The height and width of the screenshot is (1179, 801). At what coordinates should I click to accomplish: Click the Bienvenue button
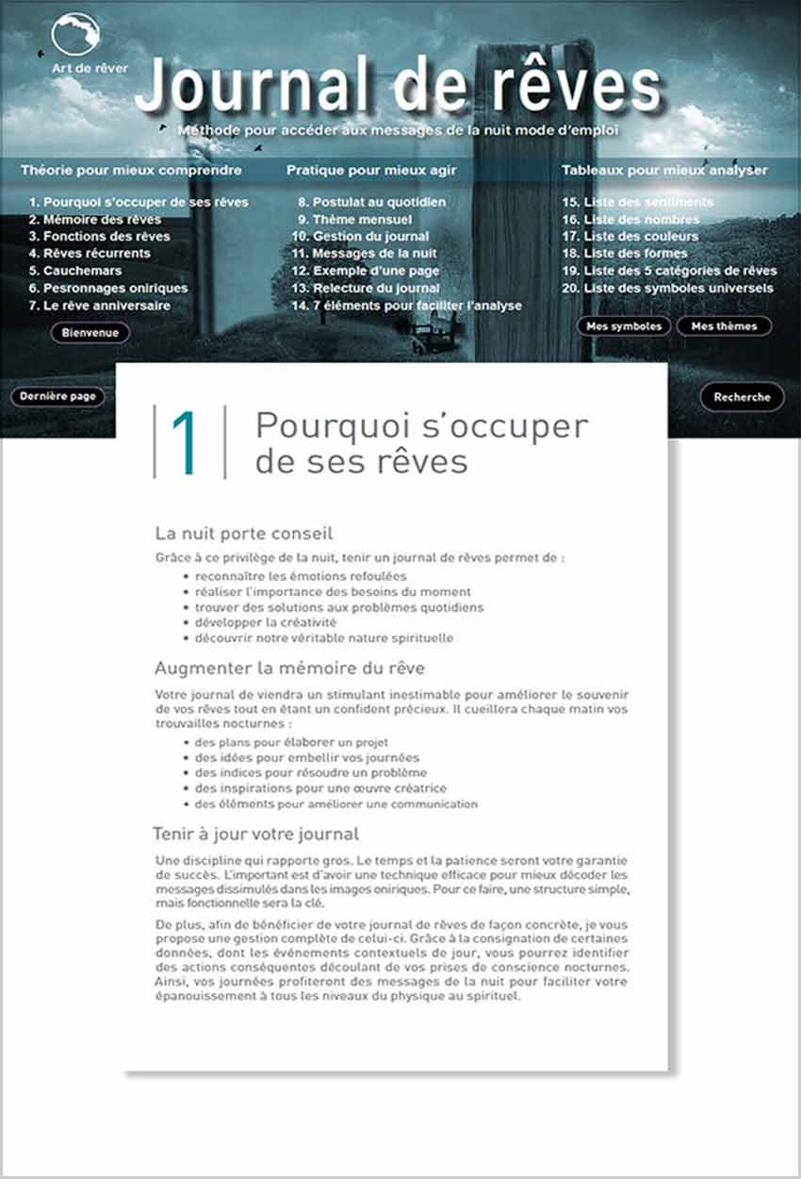(90, 332)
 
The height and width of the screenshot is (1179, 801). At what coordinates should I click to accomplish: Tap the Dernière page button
(57, 397)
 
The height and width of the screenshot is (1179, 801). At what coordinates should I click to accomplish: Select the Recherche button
(742, 397)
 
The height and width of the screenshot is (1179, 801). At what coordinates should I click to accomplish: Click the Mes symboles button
(624, 326)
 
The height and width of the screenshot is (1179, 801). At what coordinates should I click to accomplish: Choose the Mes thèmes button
(723, 326)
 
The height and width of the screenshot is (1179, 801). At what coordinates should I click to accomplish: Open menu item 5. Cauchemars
(74, 271)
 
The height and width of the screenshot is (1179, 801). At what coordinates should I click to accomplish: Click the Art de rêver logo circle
(75, 35)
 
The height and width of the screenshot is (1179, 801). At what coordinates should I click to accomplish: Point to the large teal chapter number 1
(186, 443)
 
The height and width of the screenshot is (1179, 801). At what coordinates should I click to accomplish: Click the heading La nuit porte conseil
(243, 534)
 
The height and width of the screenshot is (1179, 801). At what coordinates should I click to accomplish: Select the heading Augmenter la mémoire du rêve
(289, 669)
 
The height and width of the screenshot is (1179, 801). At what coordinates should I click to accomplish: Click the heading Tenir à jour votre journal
(255, 835)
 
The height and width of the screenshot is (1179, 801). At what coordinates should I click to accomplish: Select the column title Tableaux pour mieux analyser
(664, 171)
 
